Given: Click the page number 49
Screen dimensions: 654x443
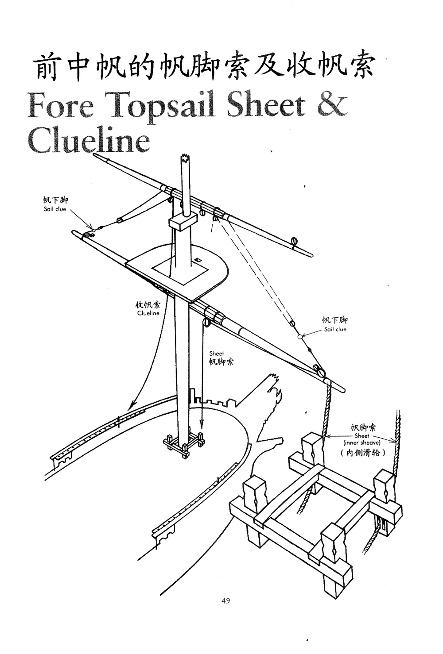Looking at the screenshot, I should click(225, 600).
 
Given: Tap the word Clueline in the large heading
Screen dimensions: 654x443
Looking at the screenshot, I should click(89, 141).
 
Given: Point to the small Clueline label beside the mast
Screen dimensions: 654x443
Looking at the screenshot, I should click(148, 313).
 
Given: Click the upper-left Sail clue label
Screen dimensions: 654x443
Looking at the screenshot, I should click(54, 209).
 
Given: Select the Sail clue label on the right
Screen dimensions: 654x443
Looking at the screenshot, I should click(335, 329).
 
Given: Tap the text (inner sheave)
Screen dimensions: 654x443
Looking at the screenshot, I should click(361, 442).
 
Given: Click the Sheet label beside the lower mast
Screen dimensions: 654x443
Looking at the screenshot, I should click(217, 354).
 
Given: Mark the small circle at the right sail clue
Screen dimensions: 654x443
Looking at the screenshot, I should click(300, 336).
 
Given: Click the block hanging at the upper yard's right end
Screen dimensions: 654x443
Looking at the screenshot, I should click(293, 242).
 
